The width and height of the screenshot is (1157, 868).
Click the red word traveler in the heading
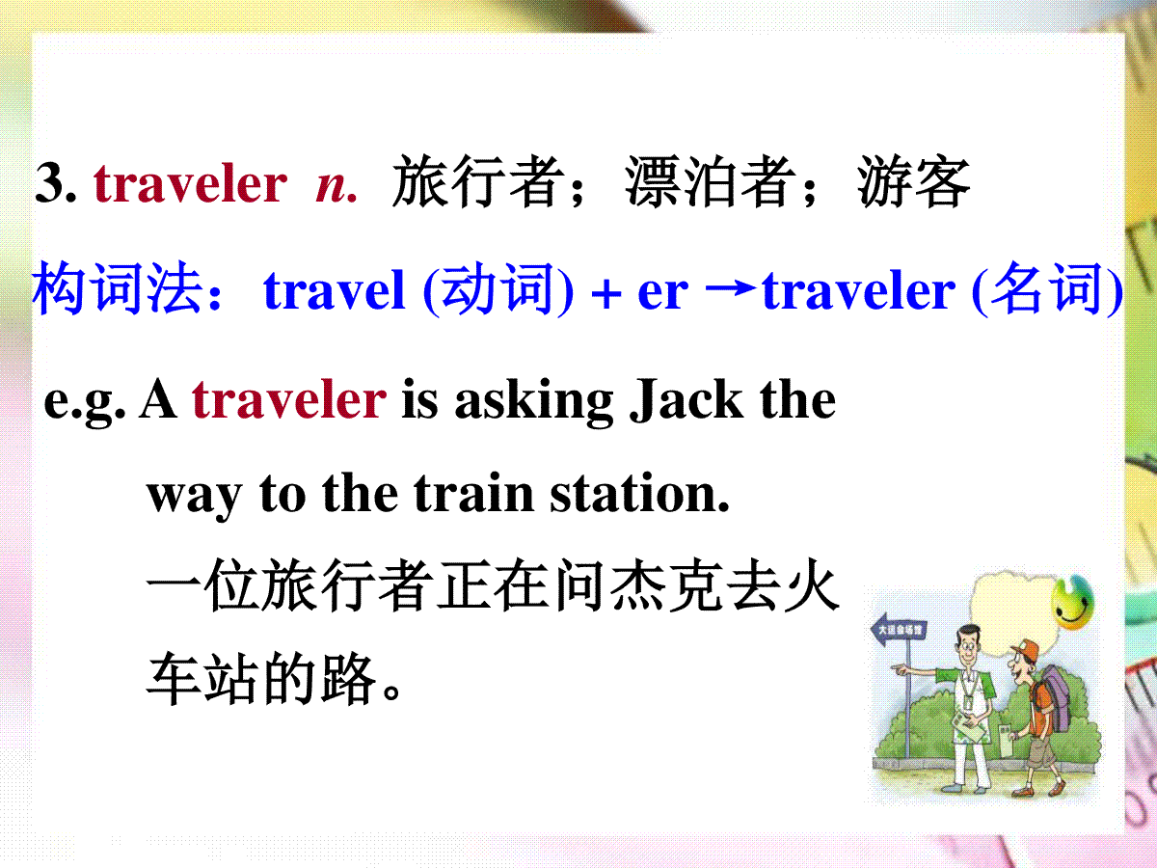[190, 183]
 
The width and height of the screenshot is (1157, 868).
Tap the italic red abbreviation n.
[336, 187]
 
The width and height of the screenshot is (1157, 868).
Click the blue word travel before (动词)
[335, 290]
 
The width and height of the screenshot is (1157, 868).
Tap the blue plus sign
[605, 294]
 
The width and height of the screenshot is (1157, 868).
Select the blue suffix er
[662, 294]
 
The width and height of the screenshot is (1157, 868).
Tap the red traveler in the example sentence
[289, 400]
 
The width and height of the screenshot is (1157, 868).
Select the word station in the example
[639, 493]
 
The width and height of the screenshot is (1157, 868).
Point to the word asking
[534, 401]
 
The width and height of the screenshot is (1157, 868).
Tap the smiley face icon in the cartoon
[1071, 602]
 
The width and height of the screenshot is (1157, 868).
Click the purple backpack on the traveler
[1053, 699]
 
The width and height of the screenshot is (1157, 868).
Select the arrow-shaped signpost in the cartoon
[898, 629]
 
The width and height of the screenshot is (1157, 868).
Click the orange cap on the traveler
[1025, 650]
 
